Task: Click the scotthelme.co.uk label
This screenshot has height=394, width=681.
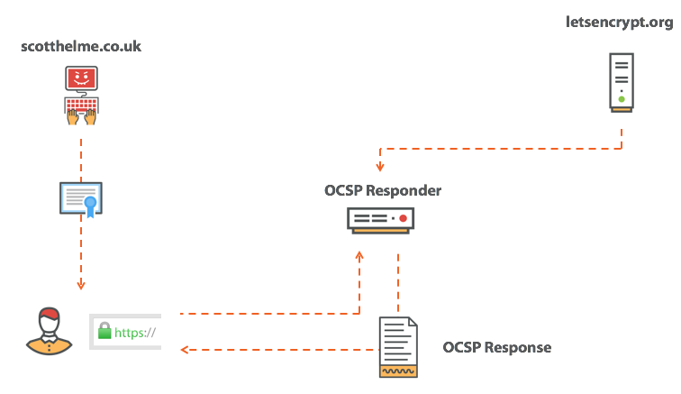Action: coord(80,45)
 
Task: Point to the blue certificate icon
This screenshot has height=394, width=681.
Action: coord(81,199)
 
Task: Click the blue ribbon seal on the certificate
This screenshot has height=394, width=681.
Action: coord(91,206)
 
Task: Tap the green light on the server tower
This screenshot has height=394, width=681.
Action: coord(622,98)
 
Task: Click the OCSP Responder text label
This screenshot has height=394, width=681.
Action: coord(383,191)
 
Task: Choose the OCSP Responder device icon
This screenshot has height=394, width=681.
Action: coord(383,220)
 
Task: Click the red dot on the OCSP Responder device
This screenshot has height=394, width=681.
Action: coord(404,218)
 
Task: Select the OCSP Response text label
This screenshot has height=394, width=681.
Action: coord(496,347)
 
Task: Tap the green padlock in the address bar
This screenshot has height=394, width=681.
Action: coord(105,332)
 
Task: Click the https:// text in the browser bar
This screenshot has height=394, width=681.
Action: coord(135,333)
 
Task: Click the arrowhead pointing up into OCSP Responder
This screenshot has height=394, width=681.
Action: coord(359,256)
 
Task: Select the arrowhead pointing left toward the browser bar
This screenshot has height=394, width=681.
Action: coord(185,349)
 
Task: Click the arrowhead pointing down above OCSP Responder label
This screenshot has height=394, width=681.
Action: coord(380,168)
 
